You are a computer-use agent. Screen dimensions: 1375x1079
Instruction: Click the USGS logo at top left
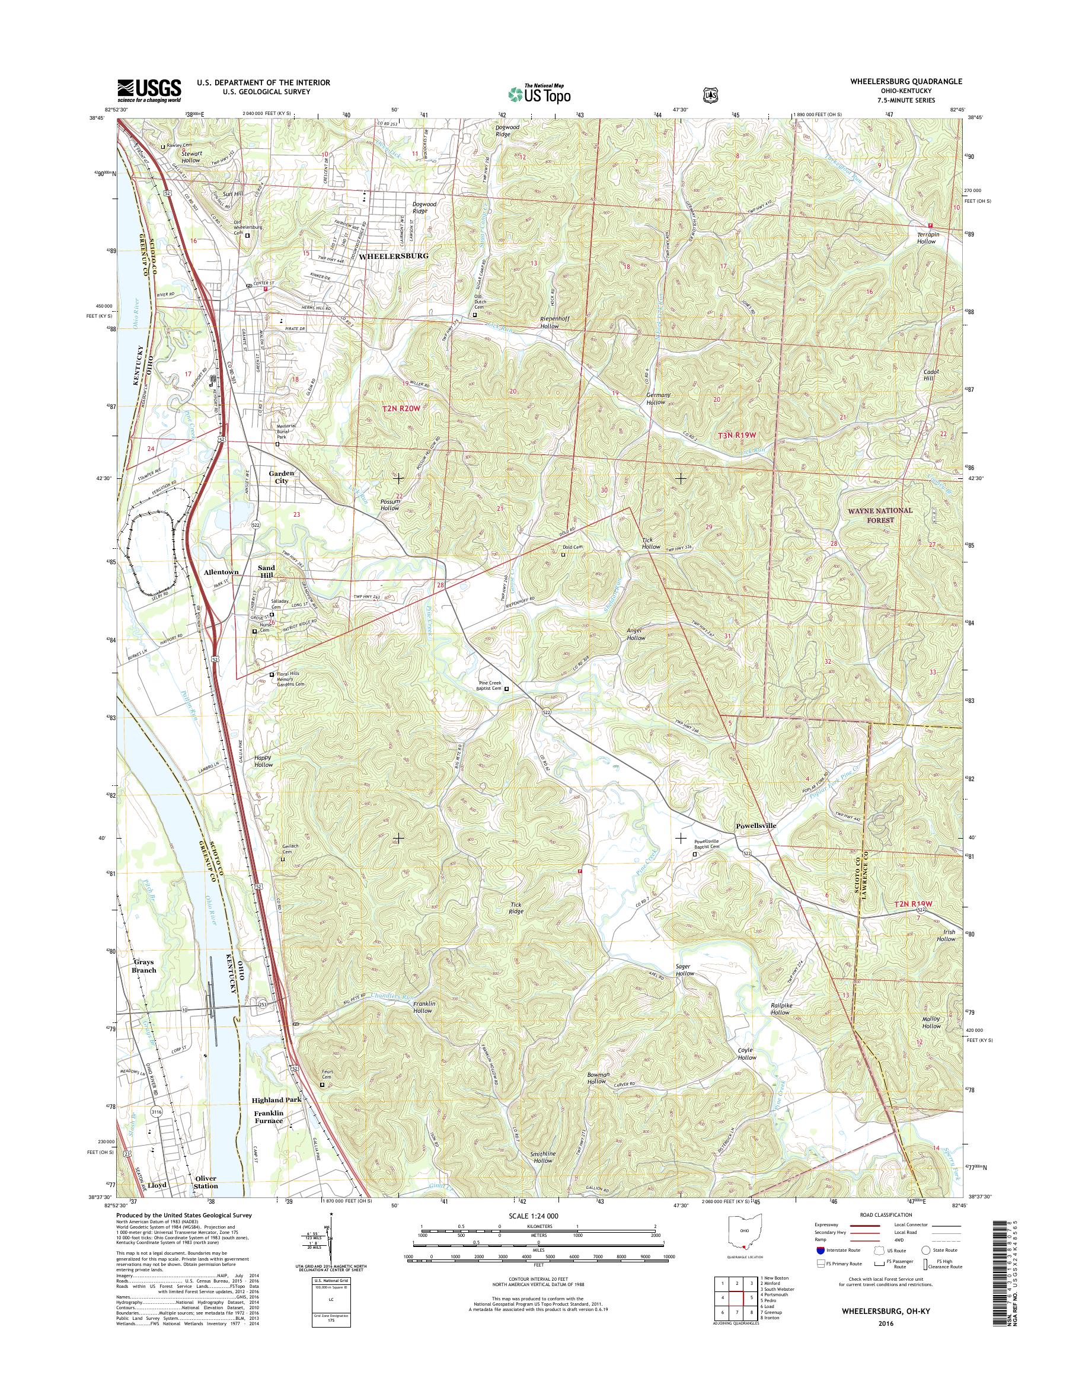tap(149, 90)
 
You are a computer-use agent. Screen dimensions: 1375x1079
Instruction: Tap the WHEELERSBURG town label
tap(394, 256)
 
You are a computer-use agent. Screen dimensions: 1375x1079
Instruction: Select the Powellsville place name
tap(756, 826)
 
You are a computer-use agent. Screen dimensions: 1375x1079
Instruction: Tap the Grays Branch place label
tap(144, 967)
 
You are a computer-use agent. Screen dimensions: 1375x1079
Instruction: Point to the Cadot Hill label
tap(931, 375)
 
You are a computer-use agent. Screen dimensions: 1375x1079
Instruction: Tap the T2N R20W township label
tap(401, 410)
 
